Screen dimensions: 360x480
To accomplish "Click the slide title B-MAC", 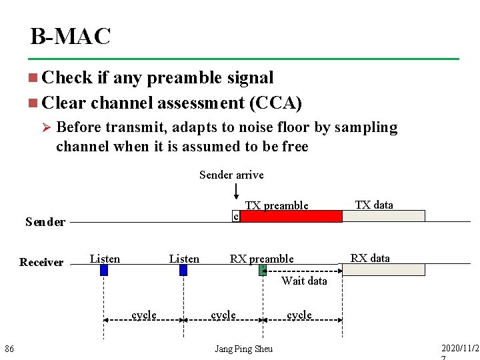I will [x=70, y=36].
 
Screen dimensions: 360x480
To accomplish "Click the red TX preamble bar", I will [x=291, y=216].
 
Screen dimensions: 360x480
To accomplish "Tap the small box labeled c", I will [x=235, y=216].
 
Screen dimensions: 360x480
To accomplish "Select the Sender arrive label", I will [x=231, y=175].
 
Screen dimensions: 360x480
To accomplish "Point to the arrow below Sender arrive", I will [x=237, y=191].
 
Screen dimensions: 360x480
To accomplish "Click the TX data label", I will [x=374, y=205].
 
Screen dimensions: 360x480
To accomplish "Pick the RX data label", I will [x=370, y=258].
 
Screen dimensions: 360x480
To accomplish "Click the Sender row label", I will [x=45, y=222].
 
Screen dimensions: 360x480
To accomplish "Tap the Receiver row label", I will [x=41, y=262].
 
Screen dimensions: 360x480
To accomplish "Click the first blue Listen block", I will [x=104, y=270].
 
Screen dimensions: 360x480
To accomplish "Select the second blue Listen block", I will [x=183, y=270].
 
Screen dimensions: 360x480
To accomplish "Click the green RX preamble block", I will [x=263, y=270].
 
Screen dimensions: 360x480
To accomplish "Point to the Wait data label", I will [x=304, y=281].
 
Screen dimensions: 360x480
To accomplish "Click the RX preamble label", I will [x=261, y=259].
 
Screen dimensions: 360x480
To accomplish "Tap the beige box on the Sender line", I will [x=383, y=216].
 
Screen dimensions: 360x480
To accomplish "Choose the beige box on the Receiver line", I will [x=383, y=269].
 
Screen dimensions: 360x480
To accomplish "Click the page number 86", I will [x=9, y=349].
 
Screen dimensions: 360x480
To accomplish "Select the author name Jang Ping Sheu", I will [x=243, y=349].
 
